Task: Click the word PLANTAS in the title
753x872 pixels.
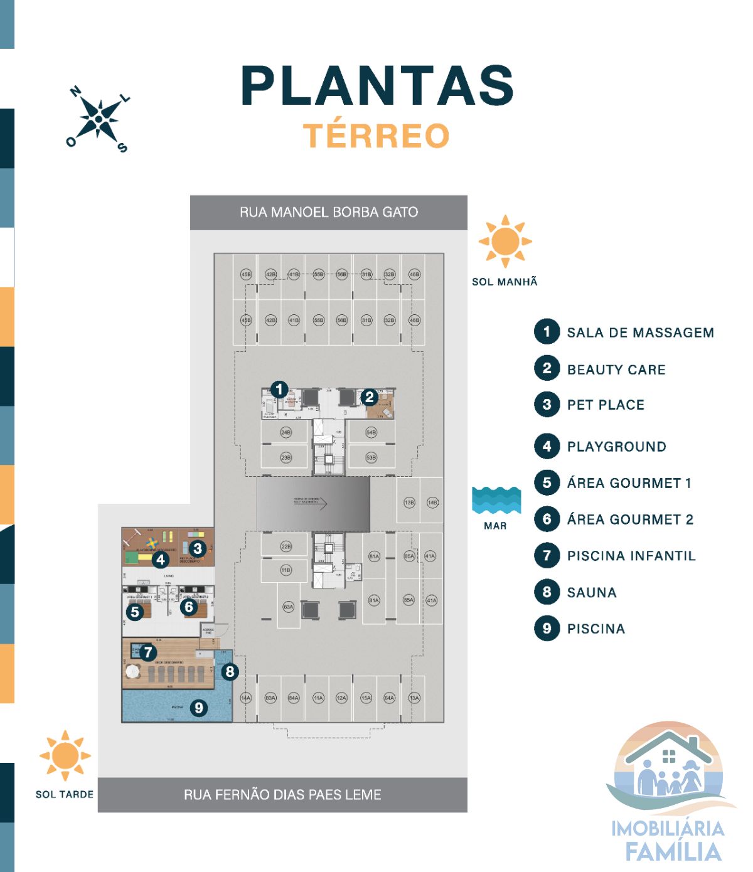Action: pyautogui.click(x=377, y=86)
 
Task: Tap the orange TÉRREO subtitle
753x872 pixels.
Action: pyautogui.click(x=376, y=136)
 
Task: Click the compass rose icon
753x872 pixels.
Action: pyautogui.click(x=99, y=119)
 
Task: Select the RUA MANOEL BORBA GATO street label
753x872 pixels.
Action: pyautogui.click(x=329, y=212)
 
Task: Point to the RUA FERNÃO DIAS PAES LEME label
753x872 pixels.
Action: pyautogui.click(x=282, y=795)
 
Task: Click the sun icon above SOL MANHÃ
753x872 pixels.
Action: pyautogui.click(x=505, y=241)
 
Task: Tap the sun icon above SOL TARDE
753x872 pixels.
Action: pyautogui.click(x=65, y=755)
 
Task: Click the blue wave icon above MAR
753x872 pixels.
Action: pyautogui.click(x=496, y=501)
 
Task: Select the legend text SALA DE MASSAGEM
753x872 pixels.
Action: pyautogui.click(x=640, y=332)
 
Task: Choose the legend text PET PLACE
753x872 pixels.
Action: pyautogui.click(x=606, y=405)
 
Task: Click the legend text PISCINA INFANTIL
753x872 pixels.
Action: pyautogui.click(x=631, y=556)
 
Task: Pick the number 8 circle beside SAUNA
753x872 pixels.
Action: pyautogui.click(x=547, y=592)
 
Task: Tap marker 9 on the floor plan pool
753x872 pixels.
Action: pyautogui.click(x=199, y=708)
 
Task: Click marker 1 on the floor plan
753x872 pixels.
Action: pyautogui.click(x=279, y=390)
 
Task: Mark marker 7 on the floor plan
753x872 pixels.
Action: pyautogui.click(x=148, y=652)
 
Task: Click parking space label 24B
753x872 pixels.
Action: pyautogui.click(x=286, y=432)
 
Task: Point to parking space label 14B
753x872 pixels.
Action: pyautogui.click(x=432, y=502)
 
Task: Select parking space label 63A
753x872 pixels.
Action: pyautogui.click(x=288, y=607)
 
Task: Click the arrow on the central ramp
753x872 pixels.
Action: pyautogui.click(x=320, y=502)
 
